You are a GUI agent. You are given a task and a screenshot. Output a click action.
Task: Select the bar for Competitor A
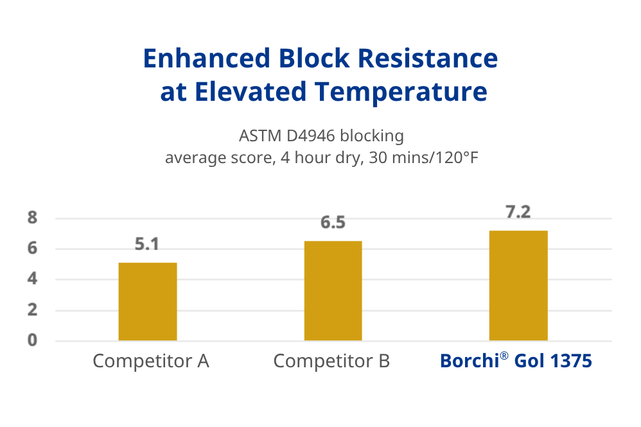pyautogui.click(x=148, y=301)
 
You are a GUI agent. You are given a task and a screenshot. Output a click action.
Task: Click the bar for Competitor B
pyautogui.click(x=333, y=290)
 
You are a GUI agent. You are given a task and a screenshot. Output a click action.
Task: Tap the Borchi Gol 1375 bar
pyautogui.click(x=518, y=285)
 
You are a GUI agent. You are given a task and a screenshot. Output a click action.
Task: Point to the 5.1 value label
pyautogui.click(x=147, y=245)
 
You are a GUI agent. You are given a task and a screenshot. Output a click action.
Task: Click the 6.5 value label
pyautogui.click(x=333, y=223)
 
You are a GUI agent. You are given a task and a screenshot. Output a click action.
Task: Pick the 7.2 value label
pyautogui.click(x=518, y=213)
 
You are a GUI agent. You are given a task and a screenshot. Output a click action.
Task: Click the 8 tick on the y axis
pyautogui.click(x=32, y=218)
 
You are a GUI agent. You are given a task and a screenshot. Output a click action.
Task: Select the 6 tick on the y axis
pyautogui.click(x=32, y=249)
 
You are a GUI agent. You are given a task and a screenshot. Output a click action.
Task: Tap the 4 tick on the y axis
pyautogui.click(x=32, y=279)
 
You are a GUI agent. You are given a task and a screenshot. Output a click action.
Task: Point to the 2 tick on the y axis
pyautogui.click(x=32, y=310)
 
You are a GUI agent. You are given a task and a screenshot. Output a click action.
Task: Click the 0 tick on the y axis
pyautogui.click(x=32, y=340)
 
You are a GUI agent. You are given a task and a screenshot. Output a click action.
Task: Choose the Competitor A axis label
pyautogui.click(x=151, y=361)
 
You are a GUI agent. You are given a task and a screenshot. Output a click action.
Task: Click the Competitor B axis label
pyautogui.click(x=331, y=361)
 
